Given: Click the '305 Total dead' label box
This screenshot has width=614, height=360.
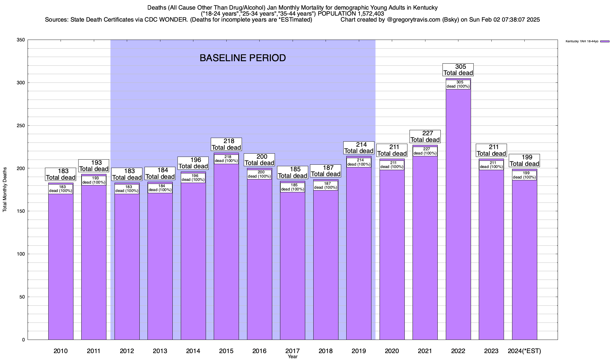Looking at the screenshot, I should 458,70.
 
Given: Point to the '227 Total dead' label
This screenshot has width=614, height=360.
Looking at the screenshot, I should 425,136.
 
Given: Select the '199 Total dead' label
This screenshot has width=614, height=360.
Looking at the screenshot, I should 524,160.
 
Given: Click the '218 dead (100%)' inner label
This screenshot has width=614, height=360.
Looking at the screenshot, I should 226,159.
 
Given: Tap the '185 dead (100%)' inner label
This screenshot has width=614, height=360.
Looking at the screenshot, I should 293,187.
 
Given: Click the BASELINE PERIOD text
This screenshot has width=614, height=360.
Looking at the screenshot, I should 243,58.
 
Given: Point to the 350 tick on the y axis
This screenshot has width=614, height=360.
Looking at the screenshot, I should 21,40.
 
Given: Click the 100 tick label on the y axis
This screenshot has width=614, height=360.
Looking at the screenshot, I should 21,254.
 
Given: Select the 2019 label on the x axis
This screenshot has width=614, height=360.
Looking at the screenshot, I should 359,351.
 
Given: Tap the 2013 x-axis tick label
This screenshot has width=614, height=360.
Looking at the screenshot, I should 160,351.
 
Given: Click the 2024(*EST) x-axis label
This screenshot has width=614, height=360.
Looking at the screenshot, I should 524,351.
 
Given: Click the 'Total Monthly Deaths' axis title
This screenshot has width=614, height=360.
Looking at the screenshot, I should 5,194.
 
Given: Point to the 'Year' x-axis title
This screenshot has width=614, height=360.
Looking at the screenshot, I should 292,357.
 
